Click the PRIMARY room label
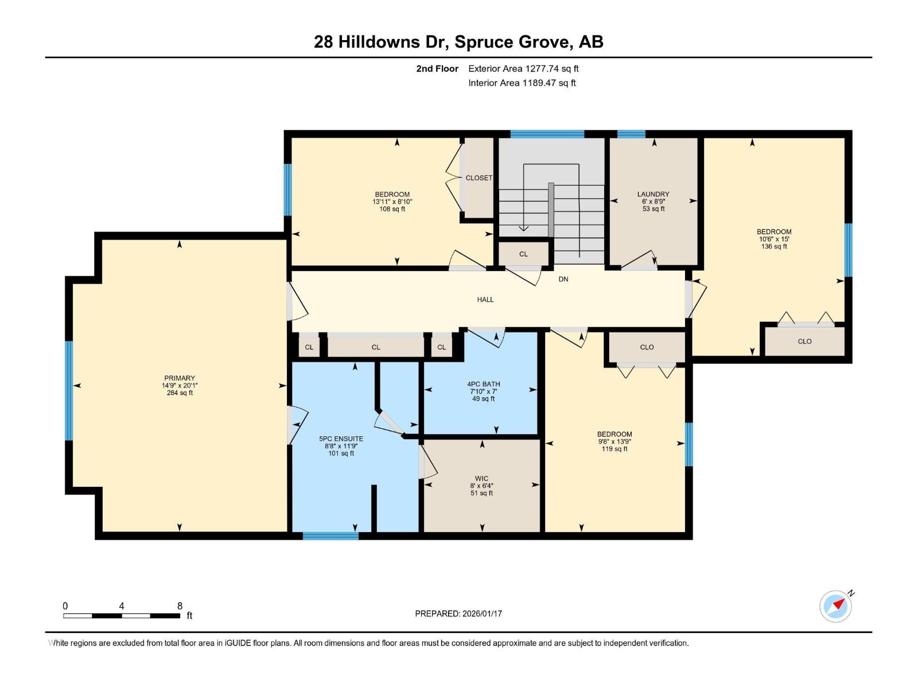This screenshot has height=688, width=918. coord(180,378)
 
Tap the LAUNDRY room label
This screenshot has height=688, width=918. coord(653,194)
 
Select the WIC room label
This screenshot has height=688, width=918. coord(481,478)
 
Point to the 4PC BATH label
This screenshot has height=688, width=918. coord(484,384)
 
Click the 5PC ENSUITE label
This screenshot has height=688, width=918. coord(341,439)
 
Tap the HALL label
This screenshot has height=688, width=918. coord(485,299)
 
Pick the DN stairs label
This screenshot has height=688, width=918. coord(563,279)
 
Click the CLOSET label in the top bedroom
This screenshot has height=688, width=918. coord(479,178)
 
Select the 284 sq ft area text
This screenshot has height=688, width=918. coord(180,393)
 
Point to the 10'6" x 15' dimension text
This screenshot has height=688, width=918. coord(774,239)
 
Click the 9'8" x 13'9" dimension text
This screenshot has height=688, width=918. coord(614,441)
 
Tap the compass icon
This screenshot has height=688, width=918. coord(835,607)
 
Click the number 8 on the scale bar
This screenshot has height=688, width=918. coord(180,606)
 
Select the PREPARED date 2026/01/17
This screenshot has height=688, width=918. coord(482,613)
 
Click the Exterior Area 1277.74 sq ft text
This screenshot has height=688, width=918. coord(523,68)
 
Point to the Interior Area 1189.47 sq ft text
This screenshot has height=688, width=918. coord(522,83)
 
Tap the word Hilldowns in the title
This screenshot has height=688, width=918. coord(379,42)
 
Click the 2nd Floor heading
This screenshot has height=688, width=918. coord(437,68)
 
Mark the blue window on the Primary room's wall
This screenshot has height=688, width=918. coord(69,391)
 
